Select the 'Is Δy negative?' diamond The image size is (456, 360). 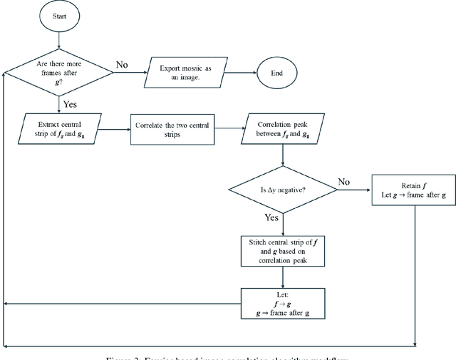tap(283, 189)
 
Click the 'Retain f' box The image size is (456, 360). tap(414, 190)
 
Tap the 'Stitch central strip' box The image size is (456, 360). tap(283, 250)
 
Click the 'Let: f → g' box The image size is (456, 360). tap(283, 302)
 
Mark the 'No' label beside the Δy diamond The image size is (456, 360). tap(343, 182)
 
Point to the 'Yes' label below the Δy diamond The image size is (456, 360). tap(272, 218)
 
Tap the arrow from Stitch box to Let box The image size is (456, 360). tap(283, 277)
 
